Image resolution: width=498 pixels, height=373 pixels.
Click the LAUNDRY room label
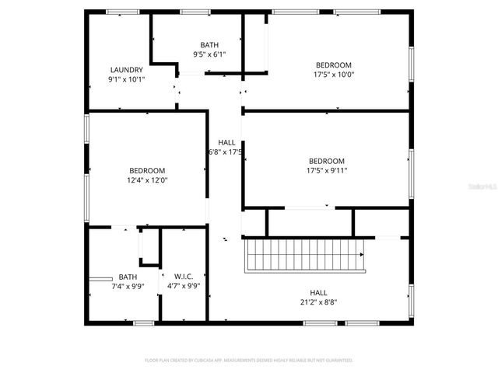click(x=126, y=69)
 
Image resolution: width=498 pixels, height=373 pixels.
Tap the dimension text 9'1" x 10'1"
click(x=126, y=79)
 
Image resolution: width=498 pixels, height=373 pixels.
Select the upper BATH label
click(x=209, y=44)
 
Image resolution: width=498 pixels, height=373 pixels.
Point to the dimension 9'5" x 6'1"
click(x=209, y=54)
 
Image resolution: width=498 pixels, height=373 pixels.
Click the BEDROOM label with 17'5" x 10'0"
click(x=333, y=64)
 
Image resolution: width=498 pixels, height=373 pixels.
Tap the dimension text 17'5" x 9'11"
click(x=327, y=171)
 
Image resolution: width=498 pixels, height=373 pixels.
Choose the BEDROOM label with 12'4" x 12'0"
click(x=147, y=170)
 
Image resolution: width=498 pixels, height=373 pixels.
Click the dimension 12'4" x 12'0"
click(x=147, y=180)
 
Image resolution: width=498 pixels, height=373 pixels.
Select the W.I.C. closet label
click(x=184, y=276)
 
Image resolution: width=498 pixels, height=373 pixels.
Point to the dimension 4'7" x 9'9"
click(x=184, y=286)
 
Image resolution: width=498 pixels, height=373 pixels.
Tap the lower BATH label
click(x=128, y=277)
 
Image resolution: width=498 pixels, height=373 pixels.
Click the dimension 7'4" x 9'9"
click(x=128, y=286)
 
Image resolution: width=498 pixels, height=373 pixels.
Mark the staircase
click(x=305, y=255)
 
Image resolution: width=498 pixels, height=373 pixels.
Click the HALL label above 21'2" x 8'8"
click(x=319, y=292)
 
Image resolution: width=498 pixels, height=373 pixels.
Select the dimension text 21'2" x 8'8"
click(x=319, y=302)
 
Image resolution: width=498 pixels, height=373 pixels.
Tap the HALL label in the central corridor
click(x=226, y=142)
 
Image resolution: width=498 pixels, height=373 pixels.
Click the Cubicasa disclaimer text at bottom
click(x=249, y=361)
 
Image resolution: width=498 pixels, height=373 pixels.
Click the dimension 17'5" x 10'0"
click(x=333, y=75)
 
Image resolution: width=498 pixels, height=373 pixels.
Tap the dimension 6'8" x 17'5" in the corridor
click(x=226, y=152)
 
